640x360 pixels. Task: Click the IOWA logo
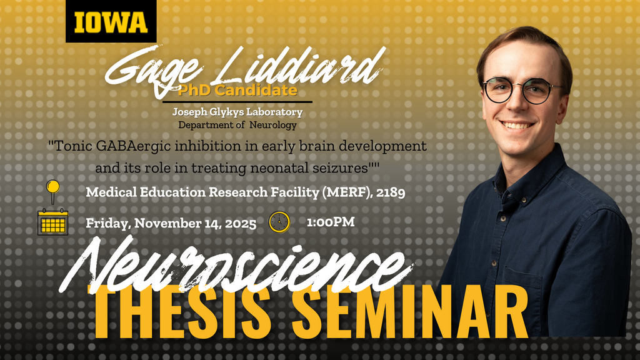pyautogui.click(x=111, y=22)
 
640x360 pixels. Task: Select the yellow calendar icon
pyautogui.click(x=53, y=222)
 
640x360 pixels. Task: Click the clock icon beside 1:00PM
pyautogui.click(x=279, y=222)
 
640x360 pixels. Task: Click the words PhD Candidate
pyautogui.click(x=237, y=91)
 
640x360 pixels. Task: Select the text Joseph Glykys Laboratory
pyautogui.click(x=237, y=112)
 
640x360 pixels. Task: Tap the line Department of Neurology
pyautogui.click(x=237, y=125)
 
